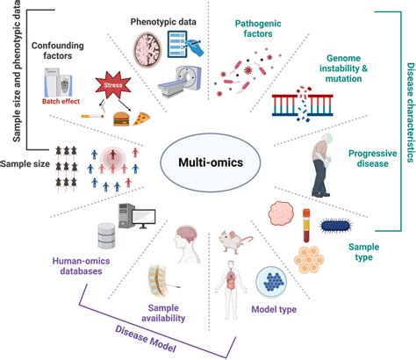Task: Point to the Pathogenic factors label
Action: [x=257, y=30]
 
